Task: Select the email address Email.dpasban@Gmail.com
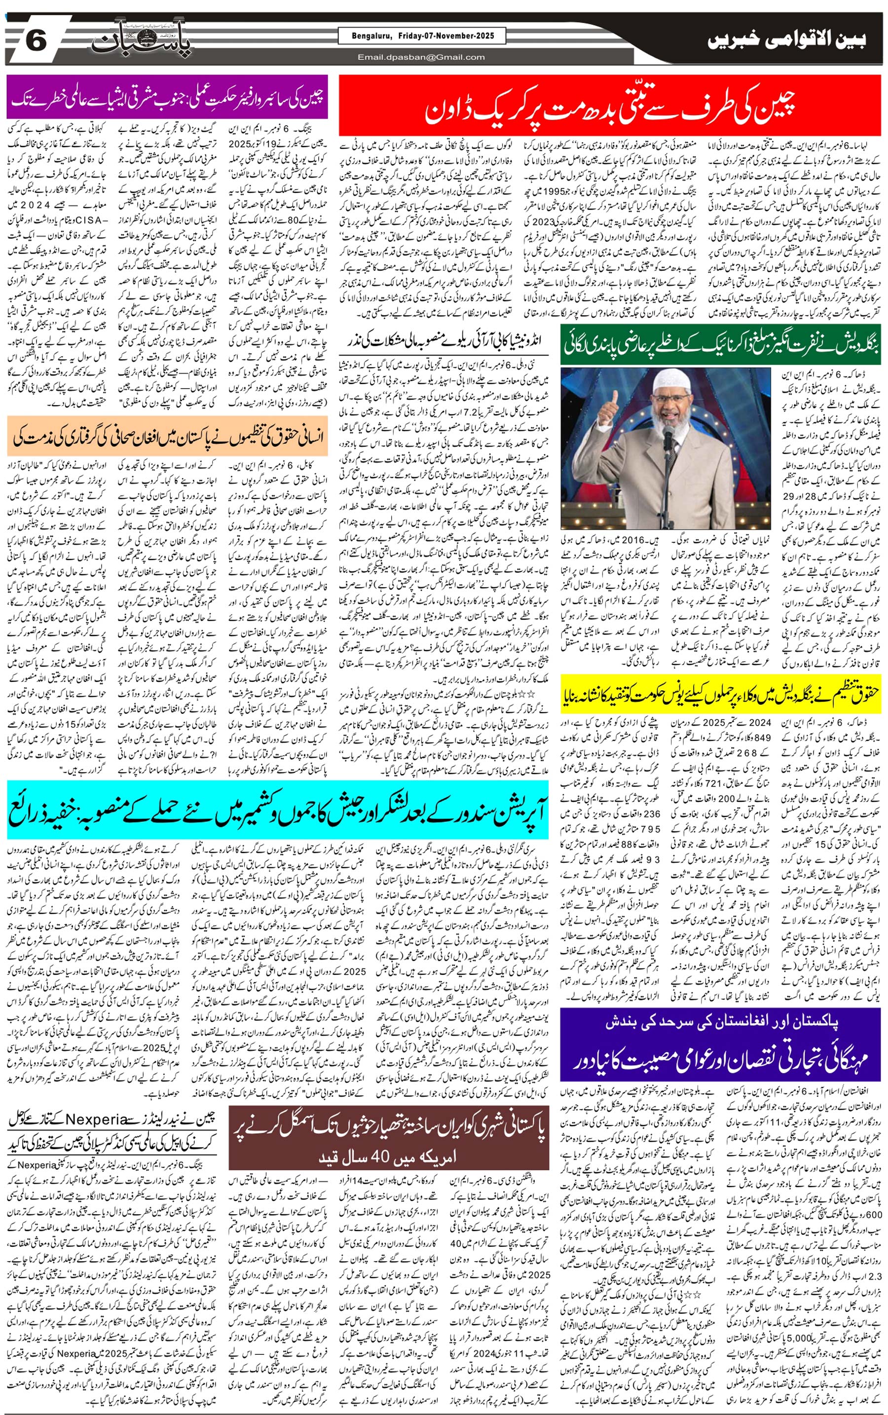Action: [x=421, y=57]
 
